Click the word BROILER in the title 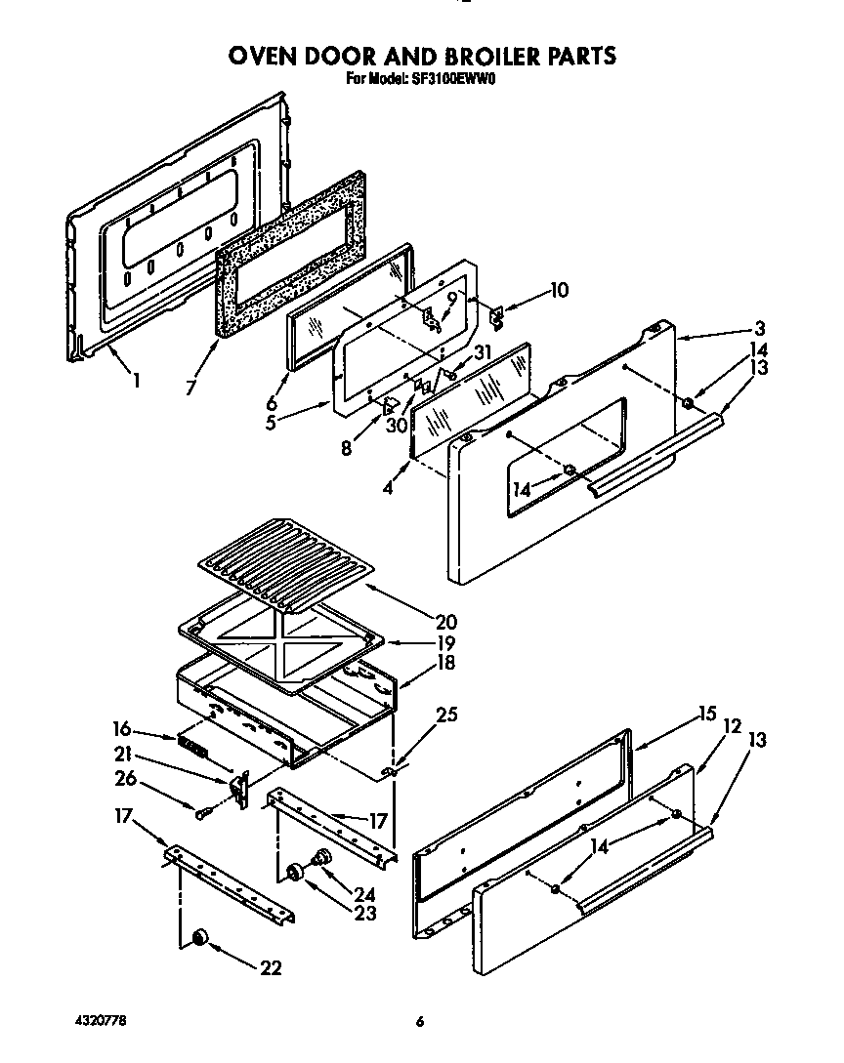coord(465,56)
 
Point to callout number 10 coord(559,290)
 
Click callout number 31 coord(483,353)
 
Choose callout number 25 coord(447,715)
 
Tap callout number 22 coord(271,967)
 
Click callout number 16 coord(122,728)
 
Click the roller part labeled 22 coord(200,938)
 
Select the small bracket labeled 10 coord(496,314)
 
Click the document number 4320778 coord(100,1022)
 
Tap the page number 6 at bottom coord(420,1023)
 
